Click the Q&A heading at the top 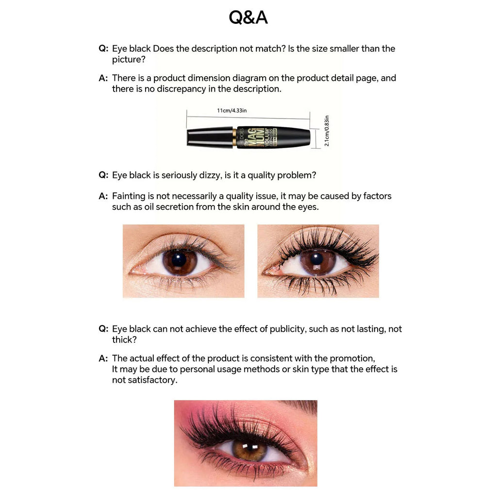point(248,17)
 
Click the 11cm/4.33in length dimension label point(232,111)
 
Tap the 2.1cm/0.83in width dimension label point(327,131)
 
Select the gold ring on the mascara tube point(235,137)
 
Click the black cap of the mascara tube point(210,137)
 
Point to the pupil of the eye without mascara point(179,260)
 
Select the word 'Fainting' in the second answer point(129,196)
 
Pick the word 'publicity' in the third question point(286,329)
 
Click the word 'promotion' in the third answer point(352,358)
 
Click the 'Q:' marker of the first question point(103,49)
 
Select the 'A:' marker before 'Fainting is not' point(103,196)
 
